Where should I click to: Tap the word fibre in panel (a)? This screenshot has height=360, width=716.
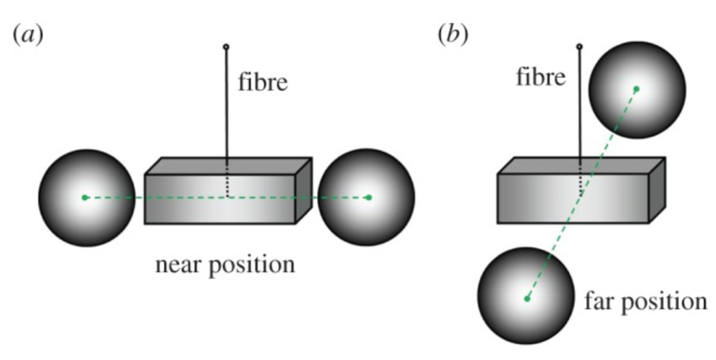(x=264, y=83)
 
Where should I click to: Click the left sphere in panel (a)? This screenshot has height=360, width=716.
(x=86, y=197)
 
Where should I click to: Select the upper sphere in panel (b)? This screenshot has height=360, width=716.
(x=636, y=89)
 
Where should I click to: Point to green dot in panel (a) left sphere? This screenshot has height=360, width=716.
(x=85, y=197)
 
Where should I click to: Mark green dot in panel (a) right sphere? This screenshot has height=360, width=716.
(x=368, y=197)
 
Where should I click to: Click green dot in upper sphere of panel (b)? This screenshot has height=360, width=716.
(x=637, y=89)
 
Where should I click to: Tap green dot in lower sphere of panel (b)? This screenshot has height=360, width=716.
(x=527, y=298)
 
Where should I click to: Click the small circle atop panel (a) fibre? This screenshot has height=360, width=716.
(x=226, y=47)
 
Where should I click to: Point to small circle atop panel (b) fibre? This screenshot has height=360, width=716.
(x=579, y=47)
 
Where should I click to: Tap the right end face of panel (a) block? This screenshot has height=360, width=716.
(x=304, y=190)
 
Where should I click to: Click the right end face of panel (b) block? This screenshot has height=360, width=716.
(x=657, y=190)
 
